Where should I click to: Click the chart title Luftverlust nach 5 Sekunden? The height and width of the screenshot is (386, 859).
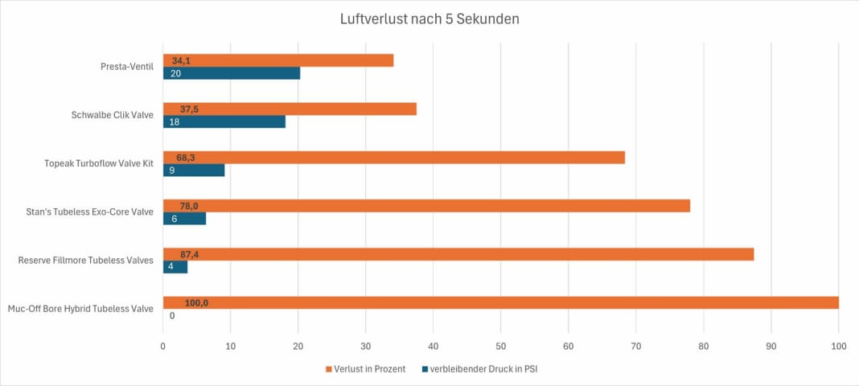[429, 18]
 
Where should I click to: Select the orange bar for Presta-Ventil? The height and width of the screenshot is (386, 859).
[278, 60]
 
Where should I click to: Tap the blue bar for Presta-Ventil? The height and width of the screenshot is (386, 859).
[232, 73]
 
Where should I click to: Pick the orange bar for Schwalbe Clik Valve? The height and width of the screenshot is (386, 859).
[290, 109]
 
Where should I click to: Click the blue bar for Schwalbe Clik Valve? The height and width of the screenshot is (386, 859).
[224, 122]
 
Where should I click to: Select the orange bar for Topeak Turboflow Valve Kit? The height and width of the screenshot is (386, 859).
[394, 158]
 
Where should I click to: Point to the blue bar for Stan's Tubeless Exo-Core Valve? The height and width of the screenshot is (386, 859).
[184, 218]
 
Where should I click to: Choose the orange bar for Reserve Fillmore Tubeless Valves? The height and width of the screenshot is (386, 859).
[458, 254]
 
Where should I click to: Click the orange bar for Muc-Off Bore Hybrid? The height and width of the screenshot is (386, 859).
[500, 302]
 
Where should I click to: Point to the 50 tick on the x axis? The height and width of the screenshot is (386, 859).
[500, 346]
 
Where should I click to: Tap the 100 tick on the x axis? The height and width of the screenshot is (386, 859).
[838, 346]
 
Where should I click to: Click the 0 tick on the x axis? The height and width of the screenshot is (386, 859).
[163, 346]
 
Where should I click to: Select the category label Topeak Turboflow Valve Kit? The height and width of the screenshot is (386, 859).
[98, 163]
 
